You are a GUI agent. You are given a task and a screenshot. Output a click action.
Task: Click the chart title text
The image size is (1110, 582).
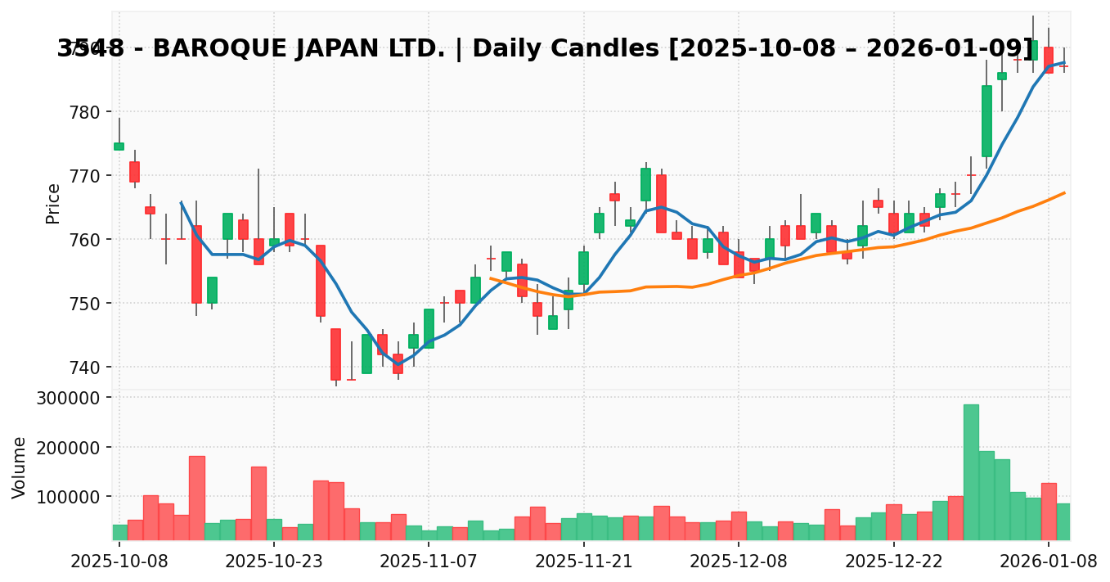pyautogui.click(x=545, y=49)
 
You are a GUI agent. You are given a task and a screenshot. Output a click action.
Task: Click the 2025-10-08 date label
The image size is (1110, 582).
pyautogui.click(x=119, y=562)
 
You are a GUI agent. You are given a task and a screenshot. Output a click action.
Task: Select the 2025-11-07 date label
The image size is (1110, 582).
pyautogui.click(x=429, y=562)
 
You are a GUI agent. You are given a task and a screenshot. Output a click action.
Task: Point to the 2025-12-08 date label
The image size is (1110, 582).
pyautogui.click(x=739, y=562)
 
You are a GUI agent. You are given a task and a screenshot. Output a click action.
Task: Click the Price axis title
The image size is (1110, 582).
pyautogui.click(x=53, y=203)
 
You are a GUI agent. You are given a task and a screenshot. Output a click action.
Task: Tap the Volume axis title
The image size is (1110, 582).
pyautogui.click(x=20, y=467)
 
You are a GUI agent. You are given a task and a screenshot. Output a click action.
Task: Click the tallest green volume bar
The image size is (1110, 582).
pyautogui.click(x=971, y=471)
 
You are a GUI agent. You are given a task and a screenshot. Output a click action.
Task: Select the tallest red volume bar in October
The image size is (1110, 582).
pyautogui.click(x=197, y=498)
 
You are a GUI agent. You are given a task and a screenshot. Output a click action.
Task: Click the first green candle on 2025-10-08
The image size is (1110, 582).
pyautogui.click(x=119, y=147)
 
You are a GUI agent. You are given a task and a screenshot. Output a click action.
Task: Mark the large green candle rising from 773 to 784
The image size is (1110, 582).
pyautogui.click(x=986, y=121)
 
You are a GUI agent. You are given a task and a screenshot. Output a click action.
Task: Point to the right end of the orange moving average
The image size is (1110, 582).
pyautogui.click(x=1064, y=193)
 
